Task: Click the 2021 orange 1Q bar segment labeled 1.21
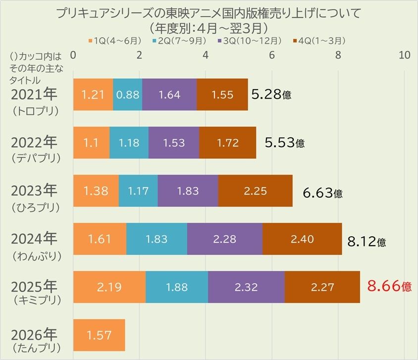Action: point(93,95)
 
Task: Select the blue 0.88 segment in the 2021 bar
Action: point(127,95)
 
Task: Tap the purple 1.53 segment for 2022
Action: point(174,143)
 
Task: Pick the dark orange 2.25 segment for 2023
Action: point(256,191)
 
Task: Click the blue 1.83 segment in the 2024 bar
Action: point(157,239)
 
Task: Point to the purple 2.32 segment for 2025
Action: point(246,287)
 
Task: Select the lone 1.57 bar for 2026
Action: point(99,335)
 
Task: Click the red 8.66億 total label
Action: point(389,286)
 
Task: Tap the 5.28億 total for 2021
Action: point(271,94)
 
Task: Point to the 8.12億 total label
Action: point(366,242)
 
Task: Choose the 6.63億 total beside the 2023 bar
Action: point(322,193)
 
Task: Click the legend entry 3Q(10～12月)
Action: point(250,41)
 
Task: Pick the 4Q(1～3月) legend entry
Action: point(319,41)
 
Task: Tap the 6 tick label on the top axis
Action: point(271,55)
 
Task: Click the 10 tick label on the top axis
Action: point(405,55)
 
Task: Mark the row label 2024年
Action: point(34,239)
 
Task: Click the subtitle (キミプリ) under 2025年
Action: point(37,300)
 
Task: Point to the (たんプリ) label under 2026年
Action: point(37,348)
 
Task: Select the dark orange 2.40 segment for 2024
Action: point(302,239)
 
